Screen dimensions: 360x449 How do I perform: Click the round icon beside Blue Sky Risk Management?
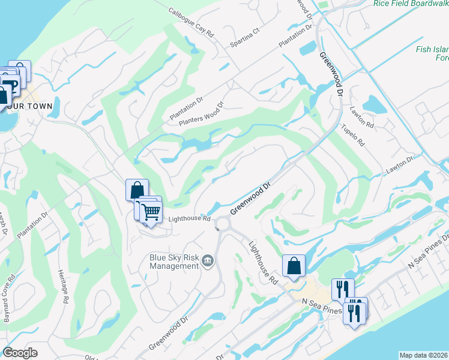coord(208,260)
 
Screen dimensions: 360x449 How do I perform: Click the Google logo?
coord(20,353)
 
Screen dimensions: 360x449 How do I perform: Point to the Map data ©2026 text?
coord(423,355)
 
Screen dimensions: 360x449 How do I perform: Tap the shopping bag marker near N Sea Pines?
coord(294,266)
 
